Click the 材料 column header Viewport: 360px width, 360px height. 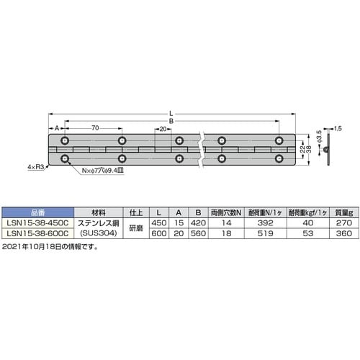pos(99,214)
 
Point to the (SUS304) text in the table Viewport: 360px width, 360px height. pos(99,235)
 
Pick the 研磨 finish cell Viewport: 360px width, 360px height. pos(138,229)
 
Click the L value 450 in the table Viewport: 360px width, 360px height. pos(159,224)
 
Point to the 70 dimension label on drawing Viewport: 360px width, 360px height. pos(95,127)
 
